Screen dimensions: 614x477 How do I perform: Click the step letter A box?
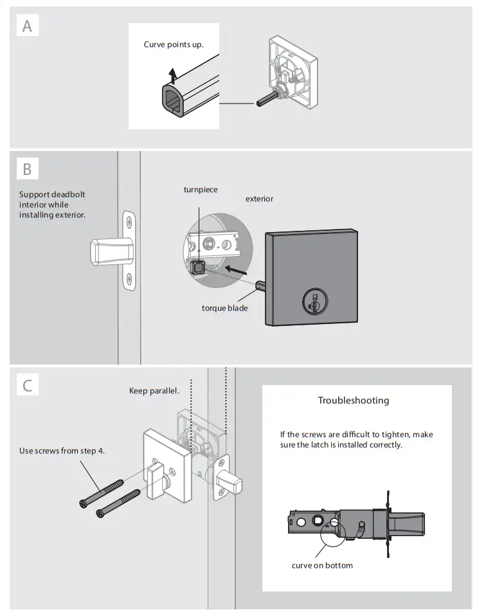(x=27, y=26)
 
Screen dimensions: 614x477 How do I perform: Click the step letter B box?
(x=27, y=169)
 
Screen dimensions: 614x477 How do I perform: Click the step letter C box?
(x=27, y=386)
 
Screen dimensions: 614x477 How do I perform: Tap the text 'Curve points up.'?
(x=174, y=44)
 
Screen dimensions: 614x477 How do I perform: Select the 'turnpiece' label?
(x=201, y=190)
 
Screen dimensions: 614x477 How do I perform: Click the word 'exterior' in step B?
(x=259, y=199)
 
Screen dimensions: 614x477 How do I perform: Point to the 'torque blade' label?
(x=224, y=308)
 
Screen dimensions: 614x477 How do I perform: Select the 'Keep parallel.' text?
(x=154, y=391)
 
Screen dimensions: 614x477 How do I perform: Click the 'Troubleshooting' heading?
(x=354, y=401)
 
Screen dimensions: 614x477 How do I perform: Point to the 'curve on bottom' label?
(x=322, y=565)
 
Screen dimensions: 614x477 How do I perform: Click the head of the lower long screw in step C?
(x=100, y=512)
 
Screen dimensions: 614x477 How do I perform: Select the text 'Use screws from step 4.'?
(x=62, y=451)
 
